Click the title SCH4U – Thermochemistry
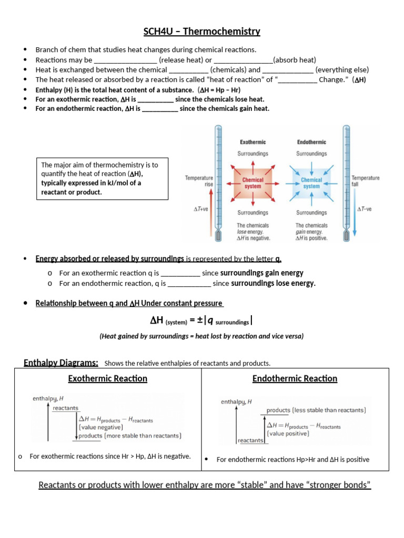tap(202, 32)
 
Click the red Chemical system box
tap(252, 183)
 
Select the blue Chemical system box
tap(311, 183)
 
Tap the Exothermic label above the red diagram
tap(253, 142)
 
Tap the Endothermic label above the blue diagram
tap(311, 142)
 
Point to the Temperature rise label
tap(199, 181)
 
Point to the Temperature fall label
tap(366, 181)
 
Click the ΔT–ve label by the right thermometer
tap(364, 209)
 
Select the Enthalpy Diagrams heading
tap(61, 363)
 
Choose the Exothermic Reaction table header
tap(107, 378)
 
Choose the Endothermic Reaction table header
tap(295, 378)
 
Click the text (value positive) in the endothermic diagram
tap(288, 434)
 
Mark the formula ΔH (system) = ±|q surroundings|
tap(201, 321)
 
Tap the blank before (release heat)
tap(125, 60)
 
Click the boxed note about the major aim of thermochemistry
tap(102, 179)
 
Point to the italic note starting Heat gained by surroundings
tap(201, 336)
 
